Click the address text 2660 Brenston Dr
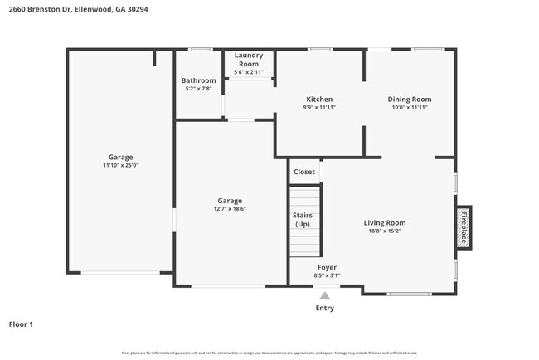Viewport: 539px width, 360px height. pos(41,9)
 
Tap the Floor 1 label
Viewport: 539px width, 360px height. pos(21,324)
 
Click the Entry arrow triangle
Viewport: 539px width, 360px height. pos(325,294)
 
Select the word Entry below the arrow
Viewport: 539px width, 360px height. pos(325,309)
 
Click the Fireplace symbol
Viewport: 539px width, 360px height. pos(464,227)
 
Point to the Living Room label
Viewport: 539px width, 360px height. pos(385,222)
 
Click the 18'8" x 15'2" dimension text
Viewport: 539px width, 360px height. pos(385,231)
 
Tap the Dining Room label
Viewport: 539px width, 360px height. pos(410,99)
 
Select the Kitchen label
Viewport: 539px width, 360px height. pos(319,99)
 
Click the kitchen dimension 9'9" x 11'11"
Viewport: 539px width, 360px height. pos(319,107)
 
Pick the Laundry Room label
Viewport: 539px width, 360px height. pos(247,59)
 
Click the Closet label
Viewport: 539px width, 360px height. pos(303,172)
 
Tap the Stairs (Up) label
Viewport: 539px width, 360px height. pos(303,220)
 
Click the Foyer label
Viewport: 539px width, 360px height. pos(327,267)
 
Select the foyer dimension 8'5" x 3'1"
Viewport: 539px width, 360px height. pos(327,275)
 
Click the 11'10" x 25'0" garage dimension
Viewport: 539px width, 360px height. pos(120,166)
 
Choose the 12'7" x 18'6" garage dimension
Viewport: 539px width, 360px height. pos(230,209)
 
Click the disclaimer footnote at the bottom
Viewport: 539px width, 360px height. pos(269,353)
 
